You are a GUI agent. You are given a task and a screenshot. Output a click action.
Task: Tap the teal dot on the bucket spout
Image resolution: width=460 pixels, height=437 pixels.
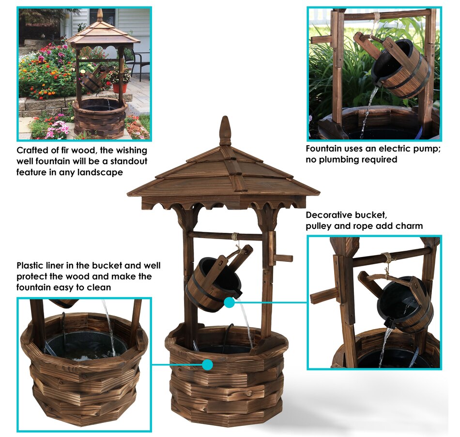[230, 302]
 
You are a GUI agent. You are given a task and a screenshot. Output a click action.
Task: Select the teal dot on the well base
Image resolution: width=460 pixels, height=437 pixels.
[207, 364]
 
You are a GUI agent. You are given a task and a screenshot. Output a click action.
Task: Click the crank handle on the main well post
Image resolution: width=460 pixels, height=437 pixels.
[282, 258]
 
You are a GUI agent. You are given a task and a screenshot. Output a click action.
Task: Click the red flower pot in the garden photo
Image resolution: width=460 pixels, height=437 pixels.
[120, 88]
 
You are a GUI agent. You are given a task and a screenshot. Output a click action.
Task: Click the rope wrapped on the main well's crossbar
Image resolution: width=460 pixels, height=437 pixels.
[235, 236]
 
